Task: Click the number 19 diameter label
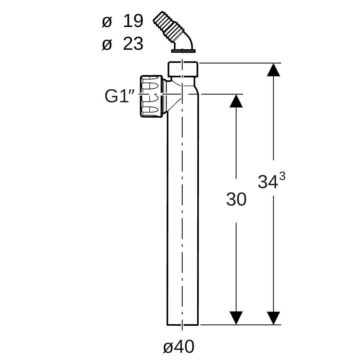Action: pos(133,21)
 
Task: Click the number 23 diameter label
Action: pos(133,44)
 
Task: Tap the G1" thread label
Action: pos(120,96)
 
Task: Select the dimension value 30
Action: pos(236,199)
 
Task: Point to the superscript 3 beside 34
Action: pos(282,176)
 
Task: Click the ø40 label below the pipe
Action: pos(179,347)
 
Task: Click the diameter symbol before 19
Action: pos(107,22)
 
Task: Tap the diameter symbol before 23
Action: pos(107,45)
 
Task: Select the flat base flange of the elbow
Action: pos(184,51)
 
